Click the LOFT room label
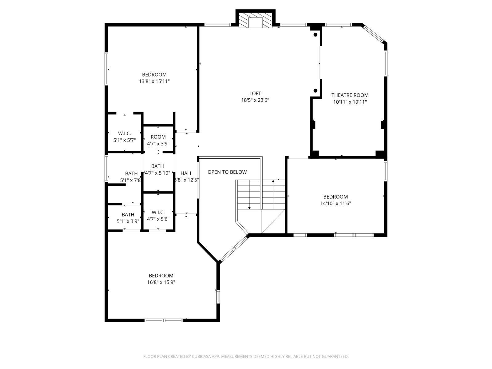tap(255, 93)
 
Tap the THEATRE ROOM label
tap(350, 95)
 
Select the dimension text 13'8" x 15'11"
tap(154, 81)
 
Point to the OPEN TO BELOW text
tap(227, 172)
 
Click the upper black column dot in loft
tap(315, 35)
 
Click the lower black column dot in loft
tap(315, 90)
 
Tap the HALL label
tap(186, 173)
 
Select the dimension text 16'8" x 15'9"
tap(161, 282)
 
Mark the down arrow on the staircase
tap(249, 208)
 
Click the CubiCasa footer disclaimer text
tap(246, 356)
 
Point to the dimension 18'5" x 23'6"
tap(255, 100)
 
